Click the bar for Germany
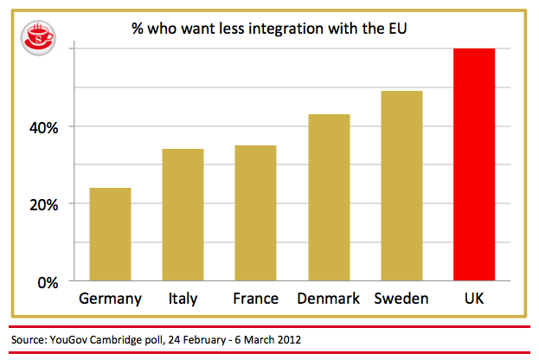110,235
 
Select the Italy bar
183,215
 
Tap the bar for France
255,213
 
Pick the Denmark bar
329,197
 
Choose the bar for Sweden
401,186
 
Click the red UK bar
474,164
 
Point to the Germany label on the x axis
110,299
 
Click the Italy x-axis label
183,299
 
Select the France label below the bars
255,299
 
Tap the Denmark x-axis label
329,299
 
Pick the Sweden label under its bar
401,299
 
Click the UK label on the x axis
474,299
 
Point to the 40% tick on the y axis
41,127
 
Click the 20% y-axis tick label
41,205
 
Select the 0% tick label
45,282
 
